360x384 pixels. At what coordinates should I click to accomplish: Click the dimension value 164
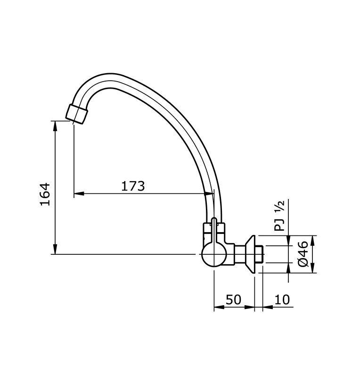pyautogui.click(x=45, y=193)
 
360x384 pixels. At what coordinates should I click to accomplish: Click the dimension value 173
pyautogui.click(x=133, y=186)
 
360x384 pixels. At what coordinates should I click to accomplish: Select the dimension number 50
pyautogui.click(x=233, y=300)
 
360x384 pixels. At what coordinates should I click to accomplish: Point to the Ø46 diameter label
pyautogui.click(x=303, y=254)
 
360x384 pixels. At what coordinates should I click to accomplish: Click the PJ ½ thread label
pyautogui.click(x=280, y=216)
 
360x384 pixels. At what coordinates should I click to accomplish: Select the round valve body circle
pyautogui.click(x=213, y=255)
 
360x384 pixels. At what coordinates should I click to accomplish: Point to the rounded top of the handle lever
pyautogui.click(x=214, y=220)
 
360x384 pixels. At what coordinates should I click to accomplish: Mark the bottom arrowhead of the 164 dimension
pyautogui.click(x=56, y=250)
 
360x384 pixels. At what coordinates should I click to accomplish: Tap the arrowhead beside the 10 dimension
pyautogui.click(x=268, y=308)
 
